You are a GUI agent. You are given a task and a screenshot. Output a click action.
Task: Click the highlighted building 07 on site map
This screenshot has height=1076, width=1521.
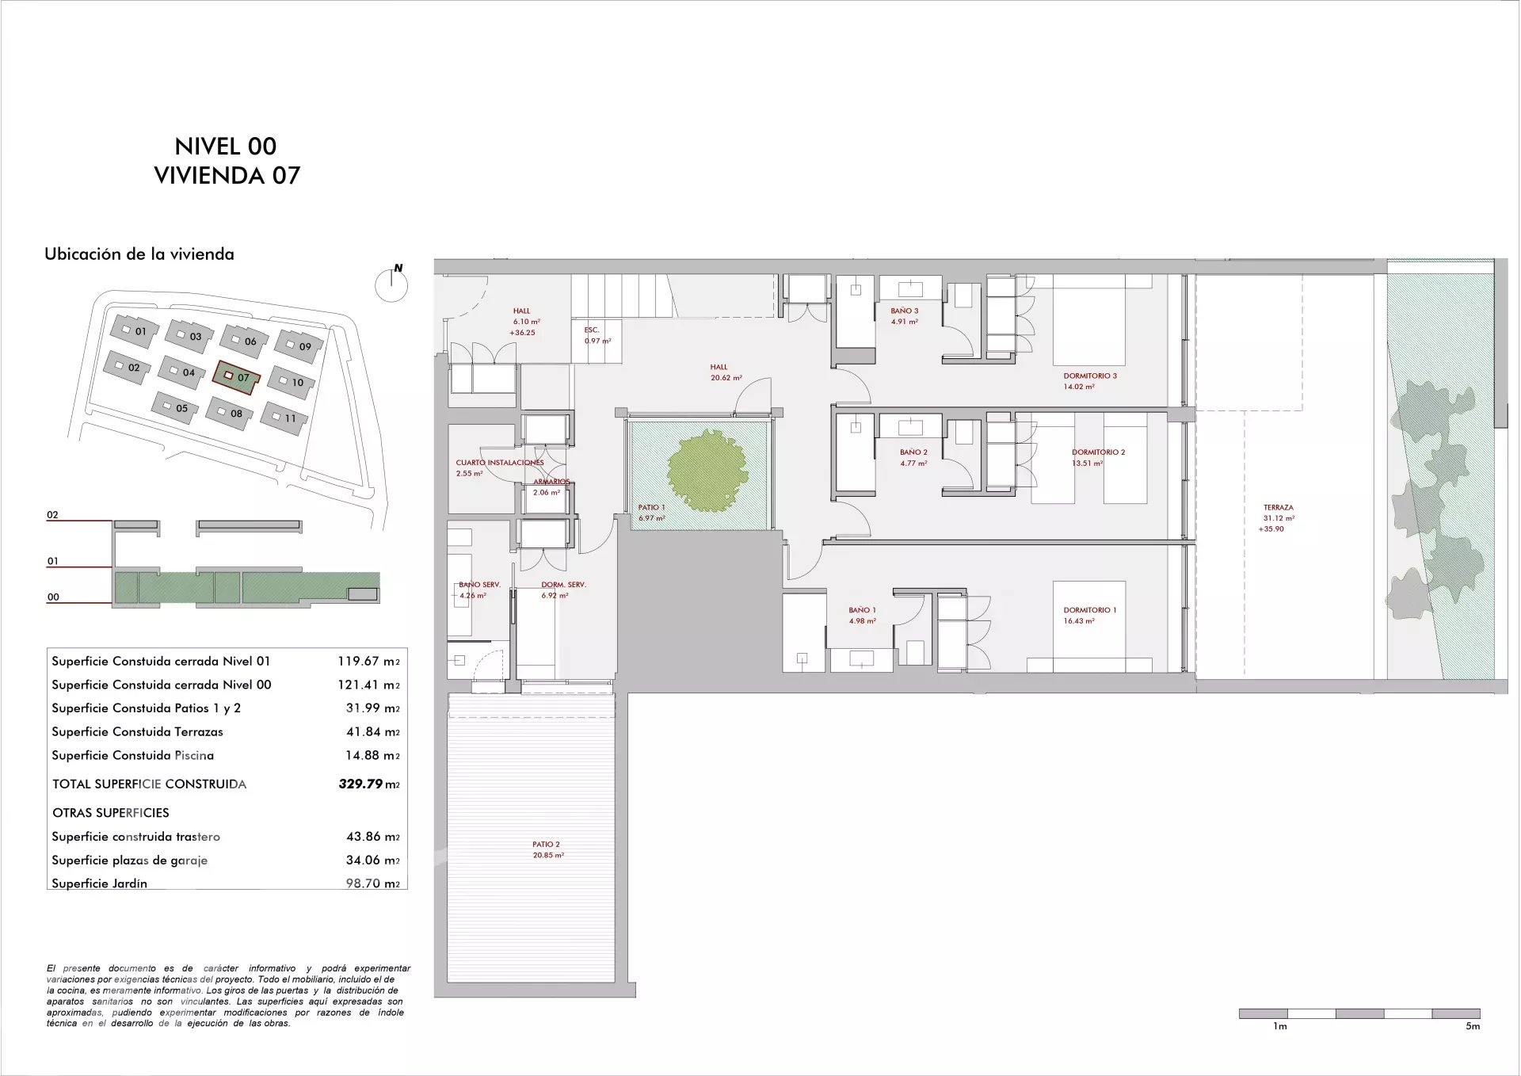(x=235, y=376)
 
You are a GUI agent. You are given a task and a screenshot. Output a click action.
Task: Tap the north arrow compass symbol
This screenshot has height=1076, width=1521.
(x=391, y=283)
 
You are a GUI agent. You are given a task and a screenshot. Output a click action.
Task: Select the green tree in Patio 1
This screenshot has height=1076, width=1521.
(x=707, y=470)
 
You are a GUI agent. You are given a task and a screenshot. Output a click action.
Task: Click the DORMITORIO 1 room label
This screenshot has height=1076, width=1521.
(x=1090, y=610)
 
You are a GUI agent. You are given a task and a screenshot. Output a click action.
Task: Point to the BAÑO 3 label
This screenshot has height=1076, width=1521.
(x=905, y=311)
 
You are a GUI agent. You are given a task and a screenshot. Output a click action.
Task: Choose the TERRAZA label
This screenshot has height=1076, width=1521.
(x=1279, y=508)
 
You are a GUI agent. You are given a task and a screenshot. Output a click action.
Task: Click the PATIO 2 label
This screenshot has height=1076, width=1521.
(x=547, y=845)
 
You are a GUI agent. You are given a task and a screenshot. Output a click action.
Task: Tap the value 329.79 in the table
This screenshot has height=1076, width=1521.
(x=360, y=784)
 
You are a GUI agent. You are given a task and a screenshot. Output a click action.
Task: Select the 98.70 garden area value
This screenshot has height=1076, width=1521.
(x=364, y=883)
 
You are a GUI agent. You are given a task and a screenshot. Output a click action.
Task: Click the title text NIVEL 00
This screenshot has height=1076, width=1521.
(x=226, y=146)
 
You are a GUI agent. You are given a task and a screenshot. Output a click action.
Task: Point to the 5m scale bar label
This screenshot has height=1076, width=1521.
(x=1473, y=1026)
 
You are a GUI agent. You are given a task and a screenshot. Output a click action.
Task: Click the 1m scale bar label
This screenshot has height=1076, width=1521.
(x=1279, y=1026)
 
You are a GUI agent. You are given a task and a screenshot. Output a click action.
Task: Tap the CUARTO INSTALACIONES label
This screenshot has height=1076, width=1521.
(x=500, y=463)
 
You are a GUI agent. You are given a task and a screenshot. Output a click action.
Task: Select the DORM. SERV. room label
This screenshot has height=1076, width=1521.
(x=563, y=585)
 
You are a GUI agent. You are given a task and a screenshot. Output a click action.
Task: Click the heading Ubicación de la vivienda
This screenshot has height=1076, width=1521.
(x=139, y=254)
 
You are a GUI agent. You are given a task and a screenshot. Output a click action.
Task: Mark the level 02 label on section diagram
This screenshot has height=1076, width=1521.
(x=52, y=515)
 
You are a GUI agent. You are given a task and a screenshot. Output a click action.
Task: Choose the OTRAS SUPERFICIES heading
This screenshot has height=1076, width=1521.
(x=111, y=813)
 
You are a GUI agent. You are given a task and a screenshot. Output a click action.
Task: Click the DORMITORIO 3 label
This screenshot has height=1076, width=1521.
(x=1090, y=376)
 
